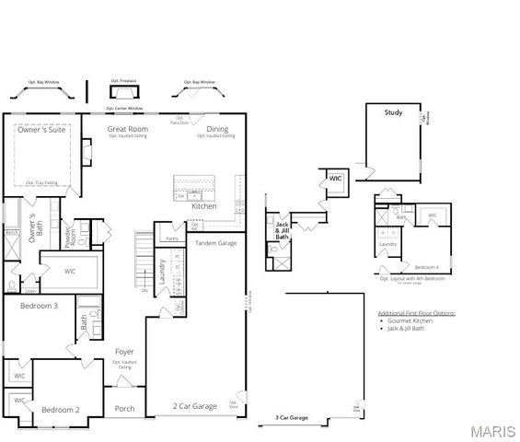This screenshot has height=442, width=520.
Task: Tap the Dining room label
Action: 217,129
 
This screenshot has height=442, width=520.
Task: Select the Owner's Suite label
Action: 39,130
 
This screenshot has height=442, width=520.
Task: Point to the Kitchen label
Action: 204,206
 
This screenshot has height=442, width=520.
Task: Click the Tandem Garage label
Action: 216,243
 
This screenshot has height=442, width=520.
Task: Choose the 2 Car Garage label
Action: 194,405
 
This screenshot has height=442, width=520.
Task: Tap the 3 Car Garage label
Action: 291,418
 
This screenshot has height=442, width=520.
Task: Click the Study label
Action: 393,112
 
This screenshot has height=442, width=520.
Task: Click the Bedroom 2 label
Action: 61,409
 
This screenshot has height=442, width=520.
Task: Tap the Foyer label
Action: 125,352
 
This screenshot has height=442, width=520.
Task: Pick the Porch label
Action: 125,409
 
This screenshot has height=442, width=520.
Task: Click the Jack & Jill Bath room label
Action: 283,230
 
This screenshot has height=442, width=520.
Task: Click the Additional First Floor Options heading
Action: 416,313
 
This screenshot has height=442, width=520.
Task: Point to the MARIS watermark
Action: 492,431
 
